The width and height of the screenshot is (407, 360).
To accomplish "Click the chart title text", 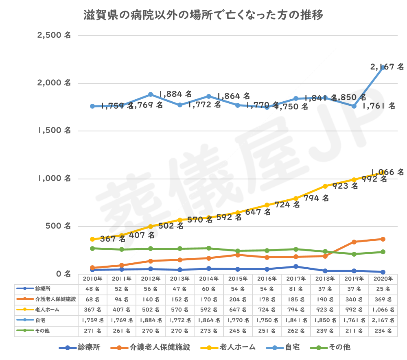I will pyautogui.click(x=203, y=16).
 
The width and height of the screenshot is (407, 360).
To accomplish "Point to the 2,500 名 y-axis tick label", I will pyautogui.click(x=54, y=35).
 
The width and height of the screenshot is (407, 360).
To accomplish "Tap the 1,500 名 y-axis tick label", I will pyautogui.click(x=54, y=131).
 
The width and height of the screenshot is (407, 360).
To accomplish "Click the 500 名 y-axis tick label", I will pyautogui.click(x=57, y=226).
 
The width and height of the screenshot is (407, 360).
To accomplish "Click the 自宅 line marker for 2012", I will pyautogui.click(x=151, y=94).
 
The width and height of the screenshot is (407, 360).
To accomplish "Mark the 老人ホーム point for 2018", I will pyautogui.click(x=325, y=186).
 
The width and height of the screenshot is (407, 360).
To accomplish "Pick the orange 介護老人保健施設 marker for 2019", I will pyautogui.click(x=354, y=242).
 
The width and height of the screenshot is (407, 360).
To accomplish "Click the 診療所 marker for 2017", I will pyautogui.click(x=296, y=266).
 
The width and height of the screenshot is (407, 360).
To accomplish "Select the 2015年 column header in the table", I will pyautogui.click(x=238, y=279).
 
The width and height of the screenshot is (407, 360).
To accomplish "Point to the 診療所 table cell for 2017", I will pyautogui.click(x=296, y=289).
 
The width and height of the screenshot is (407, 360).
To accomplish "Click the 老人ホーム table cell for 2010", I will pyautogui.click(x=92, y=310).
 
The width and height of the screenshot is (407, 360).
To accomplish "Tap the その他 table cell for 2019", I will pyautogui.click(x=354, y=331).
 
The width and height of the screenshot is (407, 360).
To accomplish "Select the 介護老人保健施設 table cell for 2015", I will pyautogui.click(x=238, y=299).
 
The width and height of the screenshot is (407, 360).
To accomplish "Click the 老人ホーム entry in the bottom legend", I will pyautogui.click(x=232, y=347).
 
